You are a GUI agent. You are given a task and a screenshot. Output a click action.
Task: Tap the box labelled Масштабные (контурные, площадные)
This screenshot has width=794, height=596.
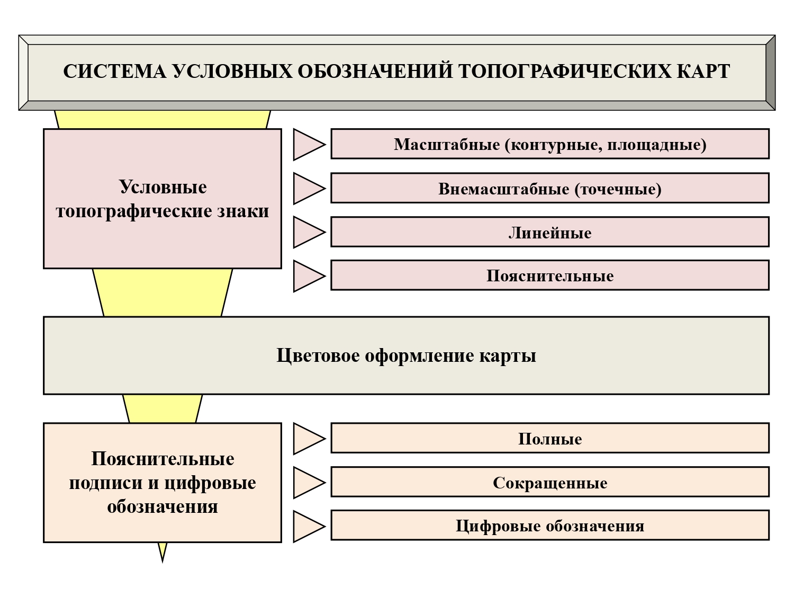(x=549, y=144)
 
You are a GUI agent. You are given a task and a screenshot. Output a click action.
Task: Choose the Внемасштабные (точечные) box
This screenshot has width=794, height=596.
(x=549, y=189)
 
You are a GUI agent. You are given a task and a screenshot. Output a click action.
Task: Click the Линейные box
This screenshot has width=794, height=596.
(x=549, y=233)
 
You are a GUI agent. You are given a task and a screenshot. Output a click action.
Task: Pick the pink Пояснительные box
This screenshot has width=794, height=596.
(x=549, y=275)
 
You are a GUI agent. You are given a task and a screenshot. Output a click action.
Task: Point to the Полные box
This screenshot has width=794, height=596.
(x=549, y=439)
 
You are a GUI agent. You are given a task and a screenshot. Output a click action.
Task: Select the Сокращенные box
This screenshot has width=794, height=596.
(x=549, y=483)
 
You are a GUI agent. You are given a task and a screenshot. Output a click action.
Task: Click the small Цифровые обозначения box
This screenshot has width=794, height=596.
(x=549, y=526)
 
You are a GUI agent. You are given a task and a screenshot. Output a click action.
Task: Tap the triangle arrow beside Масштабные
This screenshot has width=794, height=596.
(x=307, y=144)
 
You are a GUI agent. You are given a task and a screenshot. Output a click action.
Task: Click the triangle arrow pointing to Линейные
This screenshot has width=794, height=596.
(x=307, y=232)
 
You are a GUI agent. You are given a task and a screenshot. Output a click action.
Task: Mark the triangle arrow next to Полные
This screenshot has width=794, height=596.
(x=307, y=439)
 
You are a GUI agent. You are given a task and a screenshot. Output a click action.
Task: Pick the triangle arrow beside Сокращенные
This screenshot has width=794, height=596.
(x=307, y=483)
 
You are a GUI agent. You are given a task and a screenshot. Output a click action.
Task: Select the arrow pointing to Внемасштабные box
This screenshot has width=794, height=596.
(x=307, y=189)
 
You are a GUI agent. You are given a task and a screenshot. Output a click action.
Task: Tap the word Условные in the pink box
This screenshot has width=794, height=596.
(x=163, y=187)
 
